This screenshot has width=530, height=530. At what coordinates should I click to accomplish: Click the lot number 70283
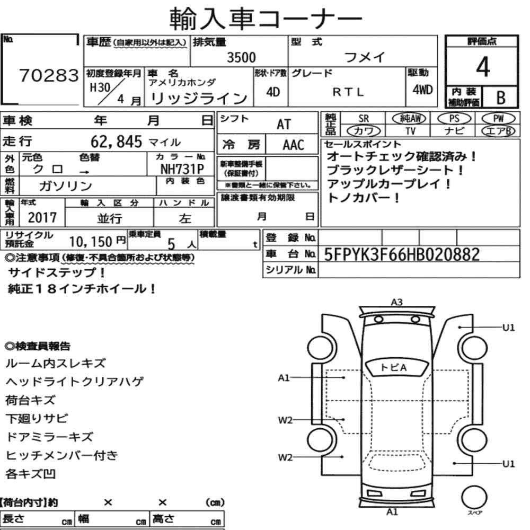pyautogui.click(x=49, y=75)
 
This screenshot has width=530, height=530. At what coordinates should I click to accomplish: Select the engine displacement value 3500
pyautogui.click(x=241, y=57)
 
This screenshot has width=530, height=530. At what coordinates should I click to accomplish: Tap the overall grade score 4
pyautogui.click(x=482, y=67)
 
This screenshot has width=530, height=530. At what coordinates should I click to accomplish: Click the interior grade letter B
pyautogui.click(x=501, y=98)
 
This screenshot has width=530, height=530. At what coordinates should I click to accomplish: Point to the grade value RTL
pyautogui.click(x=348, y=92)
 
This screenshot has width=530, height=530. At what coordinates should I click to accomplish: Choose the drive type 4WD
pyautogui.click(x=422, y=90)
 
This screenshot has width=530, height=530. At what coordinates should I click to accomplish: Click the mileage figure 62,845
pyautogui.click(x=116, y=142)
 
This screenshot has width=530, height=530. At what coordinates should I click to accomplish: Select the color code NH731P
pyautogui.click(x=182, y=169)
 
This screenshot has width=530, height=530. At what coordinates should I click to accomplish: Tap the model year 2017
pyautogui.click(x=42, y=217)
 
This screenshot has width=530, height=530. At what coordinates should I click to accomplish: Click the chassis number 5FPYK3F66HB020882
pyautogui.click(x=402, y=254)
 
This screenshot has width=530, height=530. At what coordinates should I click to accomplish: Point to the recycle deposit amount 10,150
pyautogui.click(x=91, y=242)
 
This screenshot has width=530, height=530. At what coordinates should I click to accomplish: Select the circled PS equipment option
pyautogui.click(x=454, y=118)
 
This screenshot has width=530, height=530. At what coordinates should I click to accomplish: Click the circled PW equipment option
pyautogui.click(x=498, y=118)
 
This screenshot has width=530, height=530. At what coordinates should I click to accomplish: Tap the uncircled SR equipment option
pyautogui.click(x=364, y=119)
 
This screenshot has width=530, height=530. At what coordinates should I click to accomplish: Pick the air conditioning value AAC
pyautogui.click(x=293, y=145)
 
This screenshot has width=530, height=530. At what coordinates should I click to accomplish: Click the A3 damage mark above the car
pyautogui.click(x=396, y=302)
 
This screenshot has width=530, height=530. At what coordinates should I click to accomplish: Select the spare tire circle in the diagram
pyautogui.click(x=474, y=497)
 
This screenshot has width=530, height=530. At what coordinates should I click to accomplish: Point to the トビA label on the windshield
pyautogui.click(x=393, y=367)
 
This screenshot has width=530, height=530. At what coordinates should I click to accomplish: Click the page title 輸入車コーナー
pyautogui.click(x=266, y=19)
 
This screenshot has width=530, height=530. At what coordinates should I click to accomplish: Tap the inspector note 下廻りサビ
pyautogui.click(x=37, y=419)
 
